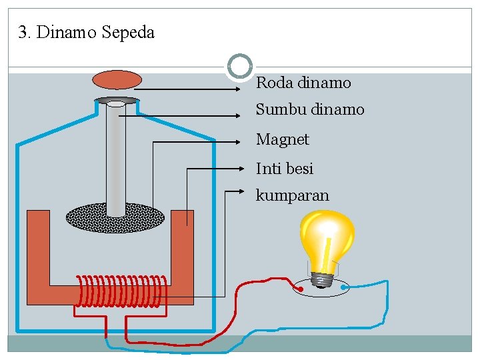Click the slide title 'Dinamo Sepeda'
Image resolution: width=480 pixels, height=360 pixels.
(x=95, y=33)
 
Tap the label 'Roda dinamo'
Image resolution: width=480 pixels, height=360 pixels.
(x=303, y=83)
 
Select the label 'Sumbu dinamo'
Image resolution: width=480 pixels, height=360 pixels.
(x=310, y=109)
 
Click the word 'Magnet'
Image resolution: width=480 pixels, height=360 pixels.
(x=283, y=140)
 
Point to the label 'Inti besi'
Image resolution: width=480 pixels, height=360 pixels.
(x=285, y=169)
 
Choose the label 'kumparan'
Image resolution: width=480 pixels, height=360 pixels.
(x=292, y=195)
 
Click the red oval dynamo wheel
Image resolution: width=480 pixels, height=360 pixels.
(x=117, y=79)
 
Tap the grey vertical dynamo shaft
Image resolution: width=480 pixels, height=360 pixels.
(x=116, y=160)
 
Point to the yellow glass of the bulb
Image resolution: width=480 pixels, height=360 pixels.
(x=327, y=237)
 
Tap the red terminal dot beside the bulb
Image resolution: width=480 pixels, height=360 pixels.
(x=301, y=289)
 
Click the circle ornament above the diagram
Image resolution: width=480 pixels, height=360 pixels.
(x=240, y=67)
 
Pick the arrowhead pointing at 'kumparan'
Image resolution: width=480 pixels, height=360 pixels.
(x=243, y=192)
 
